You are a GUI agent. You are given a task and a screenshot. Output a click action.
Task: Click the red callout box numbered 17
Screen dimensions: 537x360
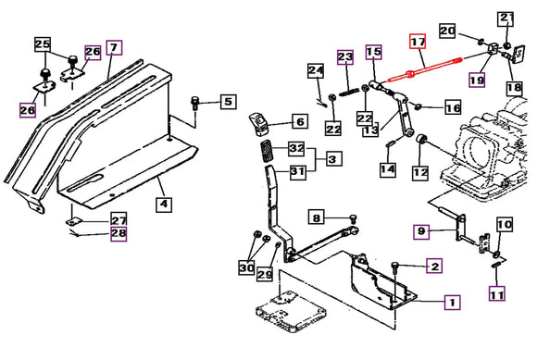click(x=418, y=42)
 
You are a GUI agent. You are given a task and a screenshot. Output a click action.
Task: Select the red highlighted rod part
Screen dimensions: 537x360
click(x=425, y=69)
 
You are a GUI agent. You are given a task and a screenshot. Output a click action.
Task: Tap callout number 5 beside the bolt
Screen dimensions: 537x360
click(x=229, y=102)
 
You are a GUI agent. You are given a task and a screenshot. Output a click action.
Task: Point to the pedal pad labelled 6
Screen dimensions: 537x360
click(x=259, y=123)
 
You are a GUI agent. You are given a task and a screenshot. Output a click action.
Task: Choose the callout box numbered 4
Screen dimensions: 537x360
click(x=164, y=204)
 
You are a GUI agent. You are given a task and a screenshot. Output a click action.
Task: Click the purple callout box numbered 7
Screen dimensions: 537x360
click(x=114, y=47)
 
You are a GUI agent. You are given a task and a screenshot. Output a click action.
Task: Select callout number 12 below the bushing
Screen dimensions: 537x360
click(x=420, y=172)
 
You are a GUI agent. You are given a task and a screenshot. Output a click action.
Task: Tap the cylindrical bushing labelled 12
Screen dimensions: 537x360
click(x=420, y=140)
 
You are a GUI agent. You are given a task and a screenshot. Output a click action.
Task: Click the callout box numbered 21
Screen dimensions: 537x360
click(x=506, y=19)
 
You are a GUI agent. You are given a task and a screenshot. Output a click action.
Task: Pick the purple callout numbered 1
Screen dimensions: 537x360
click(x=453, y=303)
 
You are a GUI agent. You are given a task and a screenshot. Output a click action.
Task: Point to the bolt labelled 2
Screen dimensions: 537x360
click(x=395, y=267)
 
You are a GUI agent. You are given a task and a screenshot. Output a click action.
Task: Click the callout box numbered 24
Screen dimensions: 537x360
click(x=316, y=71)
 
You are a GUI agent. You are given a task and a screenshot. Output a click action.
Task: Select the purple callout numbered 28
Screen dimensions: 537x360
click(x=119, y=234)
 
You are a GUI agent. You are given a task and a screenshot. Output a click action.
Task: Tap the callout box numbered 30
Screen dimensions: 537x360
click(x=246, y=267)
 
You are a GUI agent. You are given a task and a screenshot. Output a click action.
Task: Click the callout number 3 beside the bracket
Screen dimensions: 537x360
click(x=332, y=159)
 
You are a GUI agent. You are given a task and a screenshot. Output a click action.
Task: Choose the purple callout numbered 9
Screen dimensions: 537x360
click(x=421, y=231)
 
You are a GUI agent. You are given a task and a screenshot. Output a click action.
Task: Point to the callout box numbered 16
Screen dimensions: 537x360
click(x=453, y=107)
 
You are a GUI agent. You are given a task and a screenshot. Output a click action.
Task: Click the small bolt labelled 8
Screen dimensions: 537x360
click(x=353, y=217)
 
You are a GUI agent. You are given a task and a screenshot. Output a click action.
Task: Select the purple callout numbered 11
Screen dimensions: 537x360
click(x=497, y=294)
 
